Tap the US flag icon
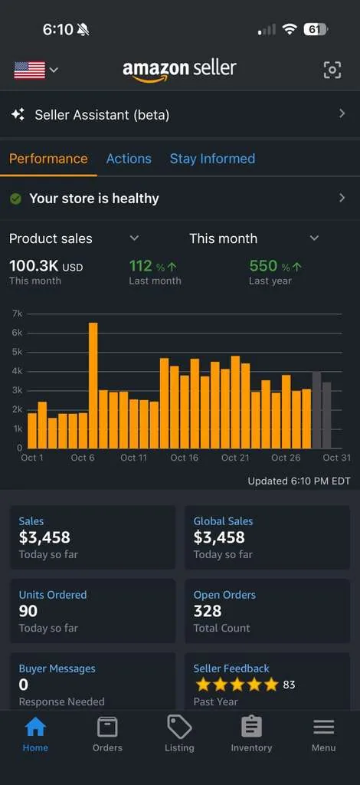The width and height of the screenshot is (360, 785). pos(30,70)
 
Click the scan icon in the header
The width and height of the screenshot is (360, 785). pos(332,70)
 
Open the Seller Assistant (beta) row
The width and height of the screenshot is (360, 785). pos(179,115)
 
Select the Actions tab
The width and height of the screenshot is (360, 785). pos(129,159)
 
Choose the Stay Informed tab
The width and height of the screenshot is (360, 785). pos(212,159)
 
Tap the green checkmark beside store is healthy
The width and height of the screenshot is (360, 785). pos(15,199)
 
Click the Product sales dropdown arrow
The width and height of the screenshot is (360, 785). pos(134,238)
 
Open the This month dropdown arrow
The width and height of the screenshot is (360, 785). pos(314,238)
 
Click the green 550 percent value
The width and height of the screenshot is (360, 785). pos(263,266)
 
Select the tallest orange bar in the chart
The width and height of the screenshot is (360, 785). pos(93,386)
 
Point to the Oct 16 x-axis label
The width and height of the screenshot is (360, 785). pos(185,458)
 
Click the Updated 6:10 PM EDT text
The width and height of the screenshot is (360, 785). pos(299,481)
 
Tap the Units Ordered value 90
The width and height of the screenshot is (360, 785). pos(28,611)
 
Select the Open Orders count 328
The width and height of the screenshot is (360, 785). pos(208,611)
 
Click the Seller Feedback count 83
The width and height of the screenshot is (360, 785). pos(289,685)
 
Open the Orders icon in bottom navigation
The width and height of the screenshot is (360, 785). pos(107,728)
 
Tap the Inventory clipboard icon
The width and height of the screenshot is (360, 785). pos(251,727)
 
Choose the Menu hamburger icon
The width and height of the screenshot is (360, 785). pos(323,727)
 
